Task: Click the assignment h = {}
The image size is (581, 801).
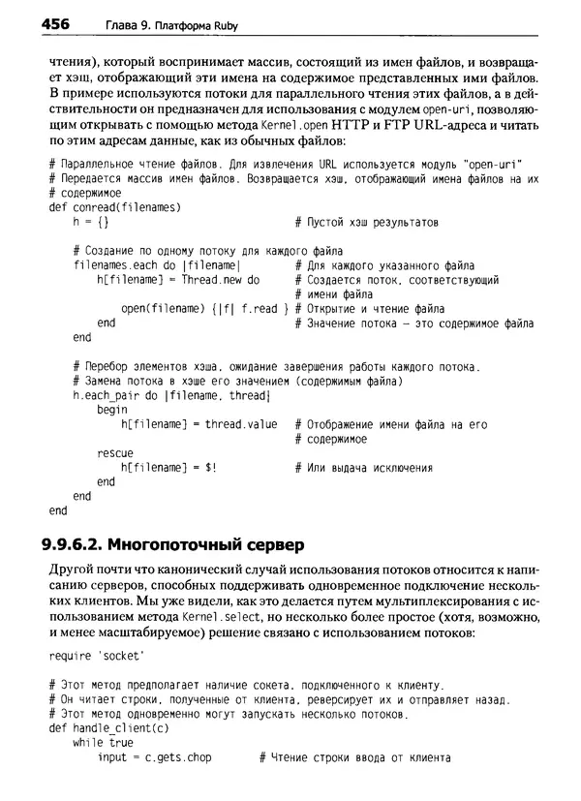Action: click(91, 222)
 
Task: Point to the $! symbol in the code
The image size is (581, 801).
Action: click(209, 468)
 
